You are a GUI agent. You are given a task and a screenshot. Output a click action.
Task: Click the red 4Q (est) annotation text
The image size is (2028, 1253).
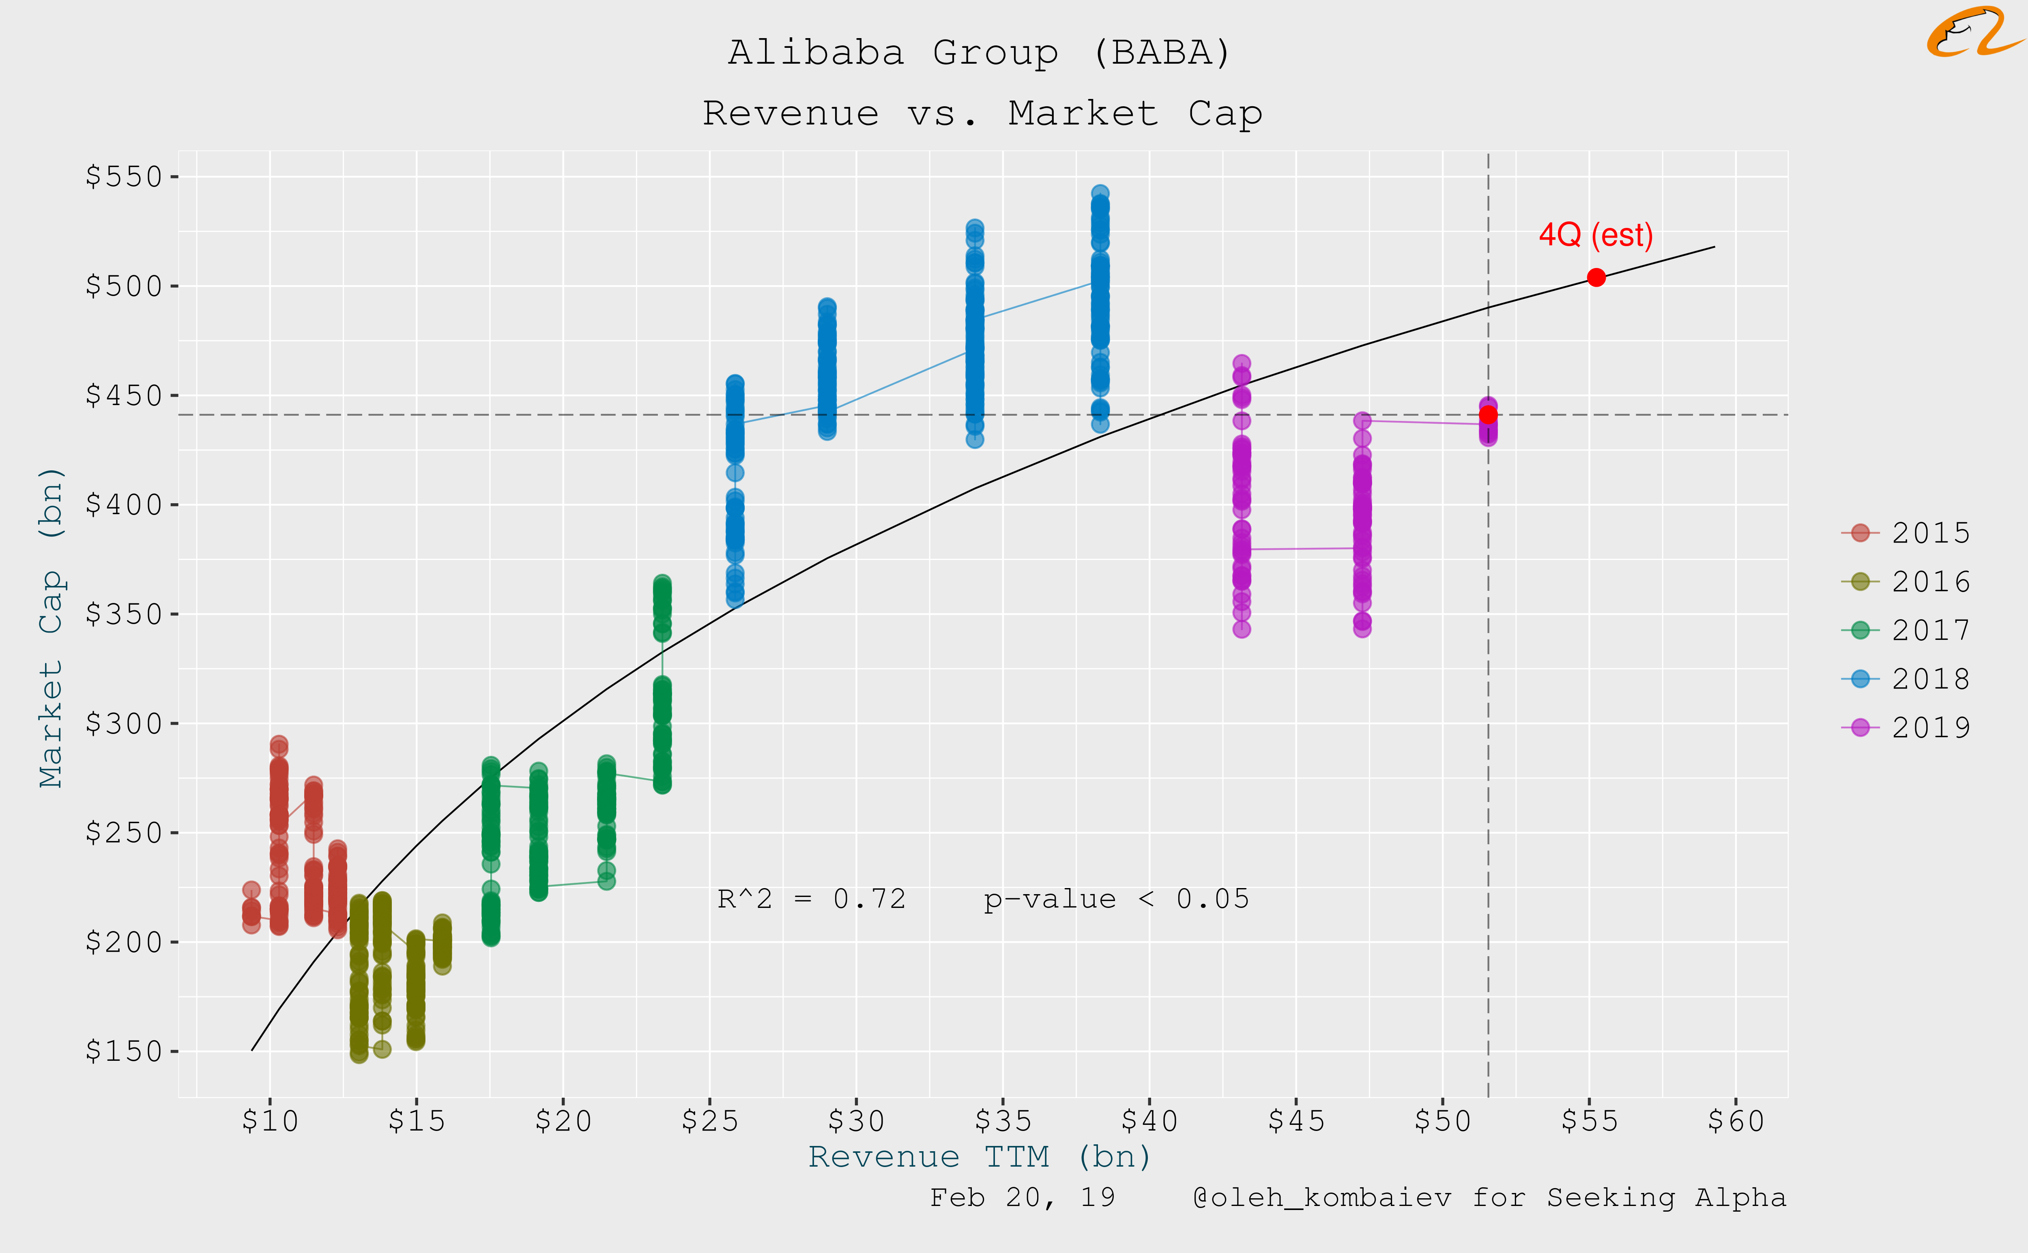coord(1595,235)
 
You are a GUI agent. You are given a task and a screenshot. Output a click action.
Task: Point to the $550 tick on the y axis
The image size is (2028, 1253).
coord(124,176)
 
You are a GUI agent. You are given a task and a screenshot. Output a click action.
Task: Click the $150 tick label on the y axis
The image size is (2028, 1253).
coord(124,1051)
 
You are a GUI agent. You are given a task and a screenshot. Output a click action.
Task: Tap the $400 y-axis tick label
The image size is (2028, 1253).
coord(124,505)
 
